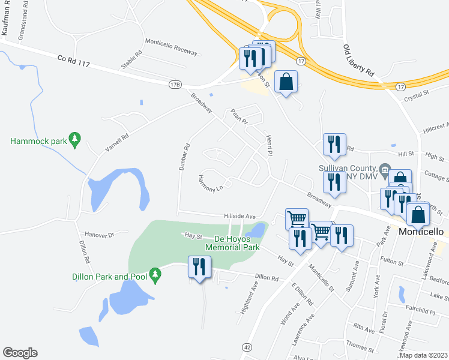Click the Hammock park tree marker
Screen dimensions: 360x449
tap(74, 139)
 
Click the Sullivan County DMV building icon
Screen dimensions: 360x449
tap(386, 169)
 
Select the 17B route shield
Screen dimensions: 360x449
tap(175, 84)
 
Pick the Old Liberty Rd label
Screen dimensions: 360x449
tap(358, 59)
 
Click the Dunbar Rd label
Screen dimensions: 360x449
tap(184, 157)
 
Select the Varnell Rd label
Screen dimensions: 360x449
tap(117, 140)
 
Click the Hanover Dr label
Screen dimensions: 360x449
tap(100, 235)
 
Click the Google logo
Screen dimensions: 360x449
tap(20, 353)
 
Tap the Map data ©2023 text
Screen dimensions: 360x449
tap(424, 355)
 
